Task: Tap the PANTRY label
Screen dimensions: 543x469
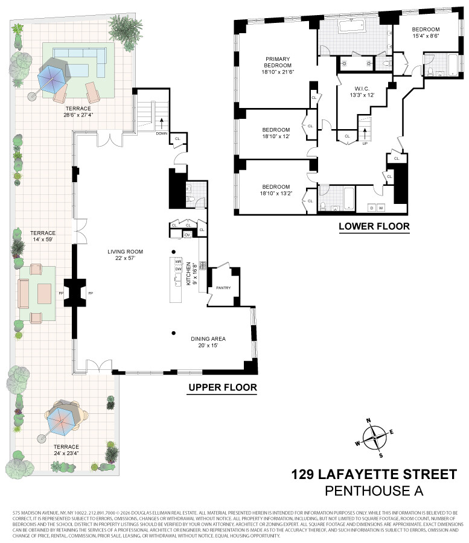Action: [224, 288]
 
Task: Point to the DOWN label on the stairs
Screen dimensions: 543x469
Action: [161, 134]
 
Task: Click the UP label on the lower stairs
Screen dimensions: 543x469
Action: [364, 144]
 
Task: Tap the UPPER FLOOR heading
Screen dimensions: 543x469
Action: [223, 387]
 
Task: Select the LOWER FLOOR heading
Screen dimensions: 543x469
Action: [374, 227]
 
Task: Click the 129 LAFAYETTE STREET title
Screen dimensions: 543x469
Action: [374, 474]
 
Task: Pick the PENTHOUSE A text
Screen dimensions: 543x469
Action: [374, 491]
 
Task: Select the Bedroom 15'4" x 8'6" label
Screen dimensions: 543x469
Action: [426, 32]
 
